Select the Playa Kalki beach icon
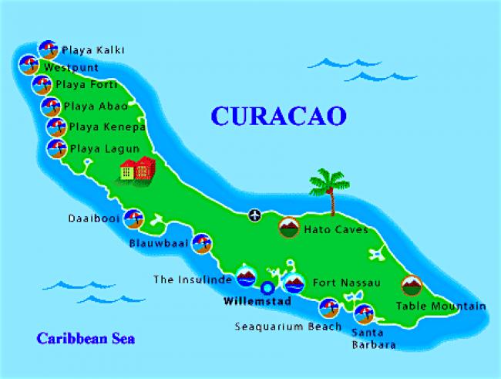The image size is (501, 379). tap(48, 49)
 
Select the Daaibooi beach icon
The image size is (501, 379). tap(133, 218)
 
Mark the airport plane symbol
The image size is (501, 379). tap(255, 215)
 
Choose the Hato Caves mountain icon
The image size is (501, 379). tap(288, 228)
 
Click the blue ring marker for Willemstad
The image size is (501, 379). tap(267, 288)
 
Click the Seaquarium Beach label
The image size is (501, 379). tap(287, 327)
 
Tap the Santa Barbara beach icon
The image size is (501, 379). tap(363, 313)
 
